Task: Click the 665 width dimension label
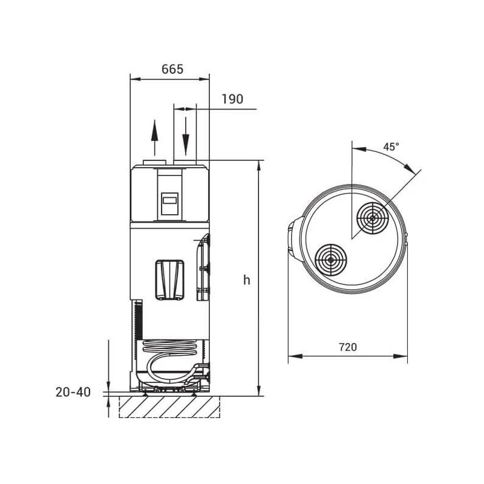coord(172,69)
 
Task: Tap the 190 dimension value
coord(232,99)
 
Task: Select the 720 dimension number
coord(348,347)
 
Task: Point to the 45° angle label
coord(391,147)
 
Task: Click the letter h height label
coord(247,280)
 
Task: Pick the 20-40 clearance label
coord(73,392)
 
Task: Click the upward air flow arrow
coord(155,138)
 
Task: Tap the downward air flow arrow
coord(186,136)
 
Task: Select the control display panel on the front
coord(169,204)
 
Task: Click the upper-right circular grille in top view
coord(373,218)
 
